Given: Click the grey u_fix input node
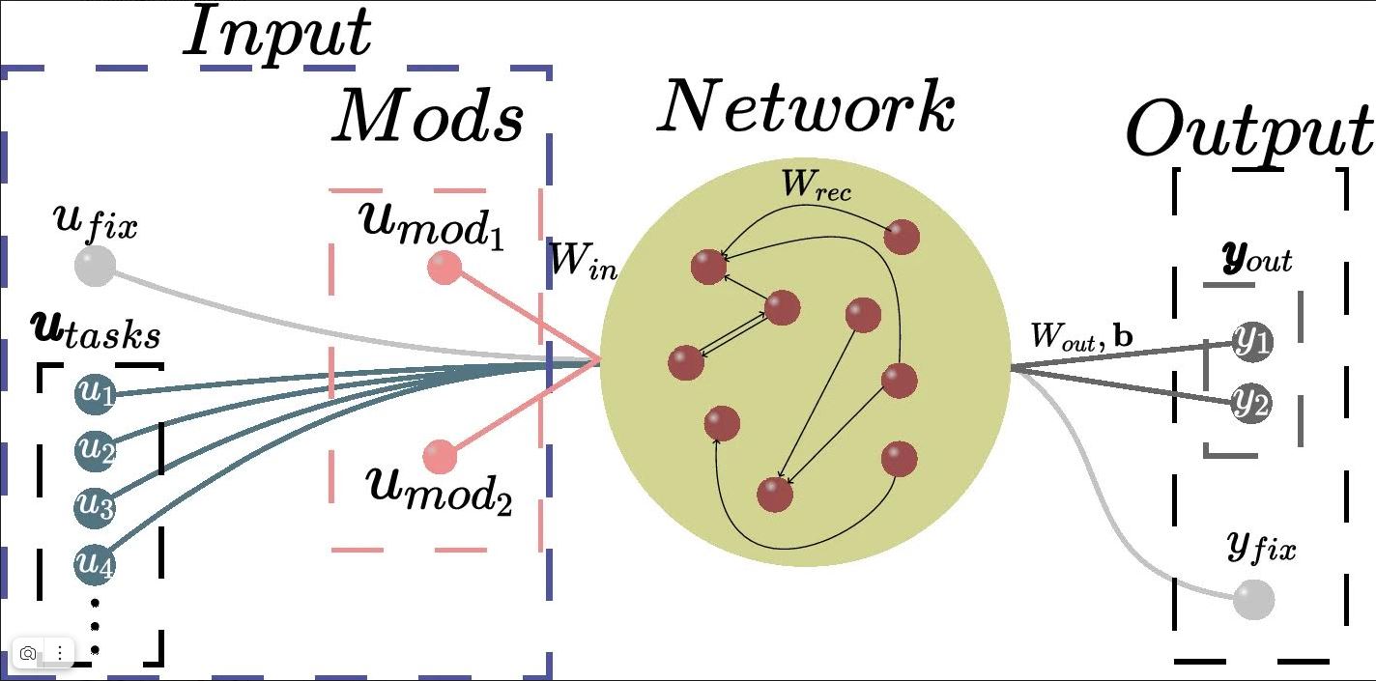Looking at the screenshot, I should (95, 266).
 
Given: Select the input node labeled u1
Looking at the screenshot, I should (95, 393).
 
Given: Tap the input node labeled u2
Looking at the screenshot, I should (95, 449).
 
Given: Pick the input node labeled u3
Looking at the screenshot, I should (95, 505).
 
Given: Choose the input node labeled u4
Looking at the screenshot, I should (95, 563).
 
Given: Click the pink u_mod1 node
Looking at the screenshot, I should (444, 268).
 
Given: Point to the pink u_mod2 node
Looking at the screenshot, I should (441, 456).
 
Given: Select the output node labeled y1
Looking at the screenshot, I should (1252, 342).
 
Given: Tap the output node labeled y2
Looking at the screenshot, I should (1251, 403).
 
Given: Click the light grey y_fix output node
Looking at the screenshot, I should (1254, 600).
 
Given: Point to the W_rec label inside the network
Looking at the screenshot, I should (817, 185).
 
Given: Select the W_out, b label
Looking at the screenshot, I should (1081, 336).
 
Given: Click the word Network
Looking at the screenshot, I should (806, 107).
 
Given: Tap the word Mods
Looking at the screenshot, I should (428, 117).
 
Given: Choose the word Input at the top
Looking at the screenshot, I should (277, 33).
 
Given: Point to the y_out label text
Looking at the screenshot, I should (1256, 258).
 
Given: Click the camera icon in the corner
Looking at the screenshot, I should (28, 654).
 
